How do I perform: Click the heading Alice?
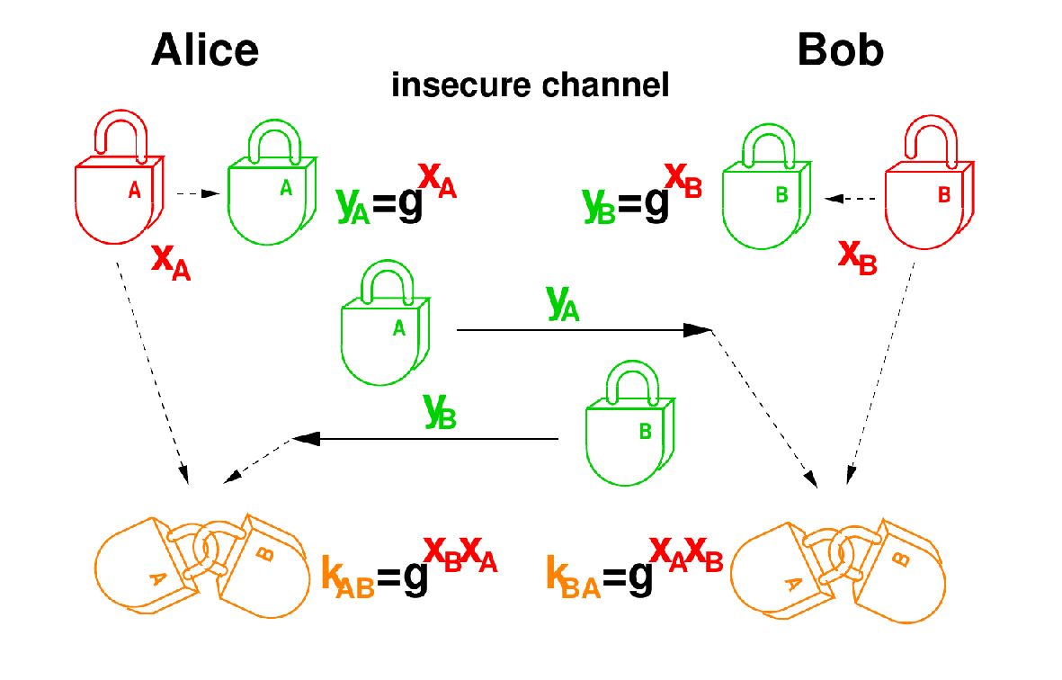tap(205, 51)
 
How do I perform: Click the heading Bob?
tap(840, 51)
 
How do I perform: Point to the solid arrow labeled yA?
tap(585, 331)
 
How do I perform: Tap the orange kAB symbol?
tap(346, 575)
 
